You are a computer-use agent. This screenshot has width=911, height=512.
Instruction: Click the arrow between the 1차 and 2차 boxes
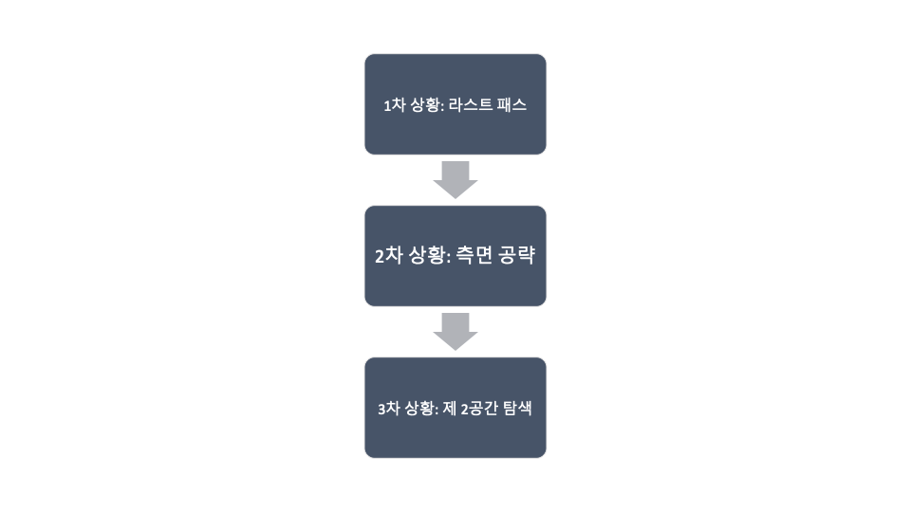455,179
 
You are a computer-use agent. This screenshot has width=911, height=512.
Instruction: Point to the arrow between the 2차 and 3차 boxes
455,331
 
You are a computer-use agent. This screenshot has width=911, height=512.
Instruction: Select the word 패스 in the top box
512,105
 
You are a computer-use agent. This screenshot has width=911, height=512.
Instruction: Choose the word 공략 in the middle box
515,256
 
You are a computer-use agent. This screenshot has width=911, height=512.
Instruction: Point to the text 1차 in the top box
393,105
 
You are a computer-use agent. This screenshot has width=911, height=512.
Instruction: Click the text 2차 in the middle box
386,256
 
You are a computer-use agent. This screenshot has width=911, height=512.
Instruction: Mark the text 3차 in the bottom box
387,409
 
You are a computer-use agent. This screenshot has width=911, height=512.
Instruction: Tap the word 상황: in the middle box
425,256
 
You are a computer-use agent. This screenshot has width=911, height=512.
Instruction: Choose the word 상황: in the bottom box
421,409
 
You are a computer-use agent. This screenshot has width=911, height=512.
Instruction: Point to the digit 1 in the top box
386,105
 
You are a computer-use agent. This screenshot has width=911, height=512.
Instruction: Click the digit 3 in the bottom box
381,409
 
